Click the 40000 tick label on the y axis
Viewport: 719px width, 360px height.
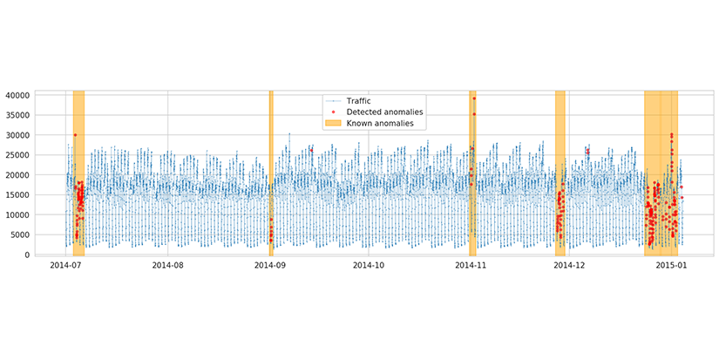pyautogui.click(x=40, y=95)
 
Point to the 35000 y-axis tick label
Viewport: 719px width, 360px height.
pyautogui.click(x=40, y=115)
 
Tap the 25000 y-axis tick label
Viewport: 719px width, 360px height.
pyautogui.click(x=40, y=155)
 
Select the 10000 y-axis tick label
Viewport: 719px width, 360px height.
pyautogui.click(x=40, y=215)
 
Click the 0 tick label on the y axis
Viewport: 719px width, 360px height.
pyautogui.click(x=51, y=255)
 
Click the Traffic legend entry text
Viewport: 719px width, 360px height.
pyautogui.click(x=358, y=101)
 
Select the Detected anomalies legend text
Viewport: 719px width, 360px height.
pyautogui.click(x=384, y=112)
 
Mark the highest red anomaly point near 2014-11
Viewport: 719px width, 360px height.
pyautogui.click(x=474, y=98)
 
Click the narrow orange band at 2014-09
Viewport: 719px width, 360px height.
pyautogui.click(x=271, y=174)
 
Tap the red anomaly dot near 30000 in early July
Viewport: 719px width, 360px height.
pyautogui.click(x=75, y=135)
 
